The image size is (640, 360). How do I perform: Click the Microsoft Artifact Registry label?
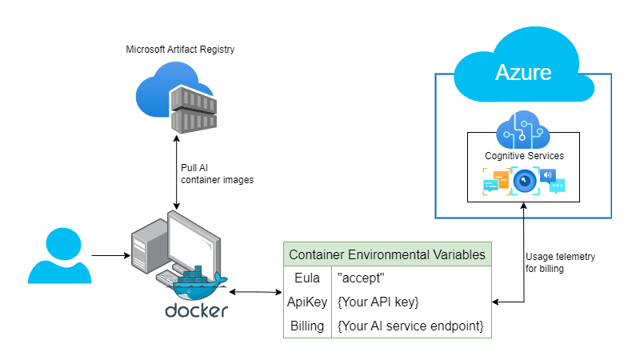(x=180, y=50)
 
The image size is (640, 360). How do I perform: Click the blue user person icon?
(x=57, y=255)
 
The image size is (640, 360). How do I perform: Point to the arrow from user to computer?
(x=110, y=256)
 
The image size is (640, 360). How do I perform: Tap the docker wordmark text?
(x=196, y=310)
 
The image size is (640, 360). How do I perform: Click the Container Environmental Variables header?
(x=387, y=254)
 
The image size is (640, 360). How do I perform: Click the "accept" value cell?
(x=360, y=278)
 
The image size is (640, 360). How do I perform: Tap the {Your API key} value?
(x=378, y=302)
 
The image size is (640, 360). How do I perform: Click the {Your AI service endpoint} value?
(x=410, y=326)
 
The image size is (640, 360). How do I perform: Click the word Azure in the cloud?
(x=523, y=72)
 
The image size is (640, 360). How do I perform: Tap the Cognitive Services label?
(x=524, y=155)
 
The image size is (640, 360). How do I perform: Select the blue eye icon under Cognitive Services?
(x=525, y=181)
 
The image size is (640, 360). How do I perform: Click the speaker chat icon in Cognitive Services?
(x=553, y=181)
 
